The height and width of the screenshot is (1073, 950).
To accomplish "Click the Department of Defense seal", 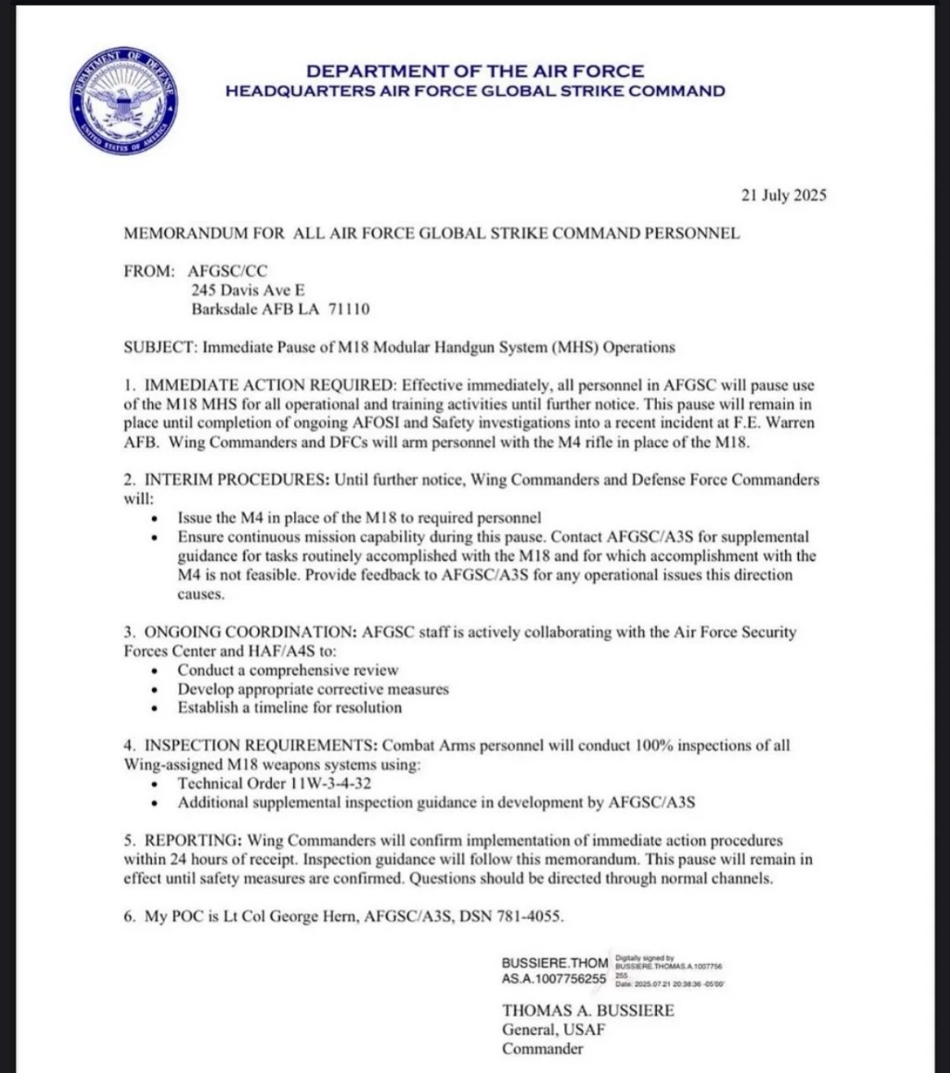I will coord(124,102).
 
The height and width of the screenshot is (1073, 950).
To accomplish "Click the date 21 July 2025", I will coord(783,195).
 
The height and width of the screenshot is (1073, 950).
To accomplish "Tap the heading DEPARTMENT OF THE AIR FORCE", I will coord(475,71).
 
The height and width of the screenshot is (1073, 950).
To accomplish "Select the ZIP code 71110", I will coord(349,309).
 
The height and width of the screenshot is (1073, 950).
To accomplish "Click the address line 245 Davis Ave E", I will coord(248,290).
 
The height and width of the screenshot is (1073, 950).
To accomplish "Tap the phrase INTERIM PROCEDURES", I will coord(236,480).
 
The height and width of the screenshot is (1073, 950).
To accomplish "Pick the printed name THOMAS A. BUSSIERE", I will coord(588,1011).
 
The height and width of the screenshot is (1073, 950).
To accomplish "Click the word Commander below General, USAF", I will coord(542,1049).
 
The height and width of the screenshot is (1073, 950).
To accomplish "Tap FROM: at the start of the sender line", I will coord(149,271).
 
